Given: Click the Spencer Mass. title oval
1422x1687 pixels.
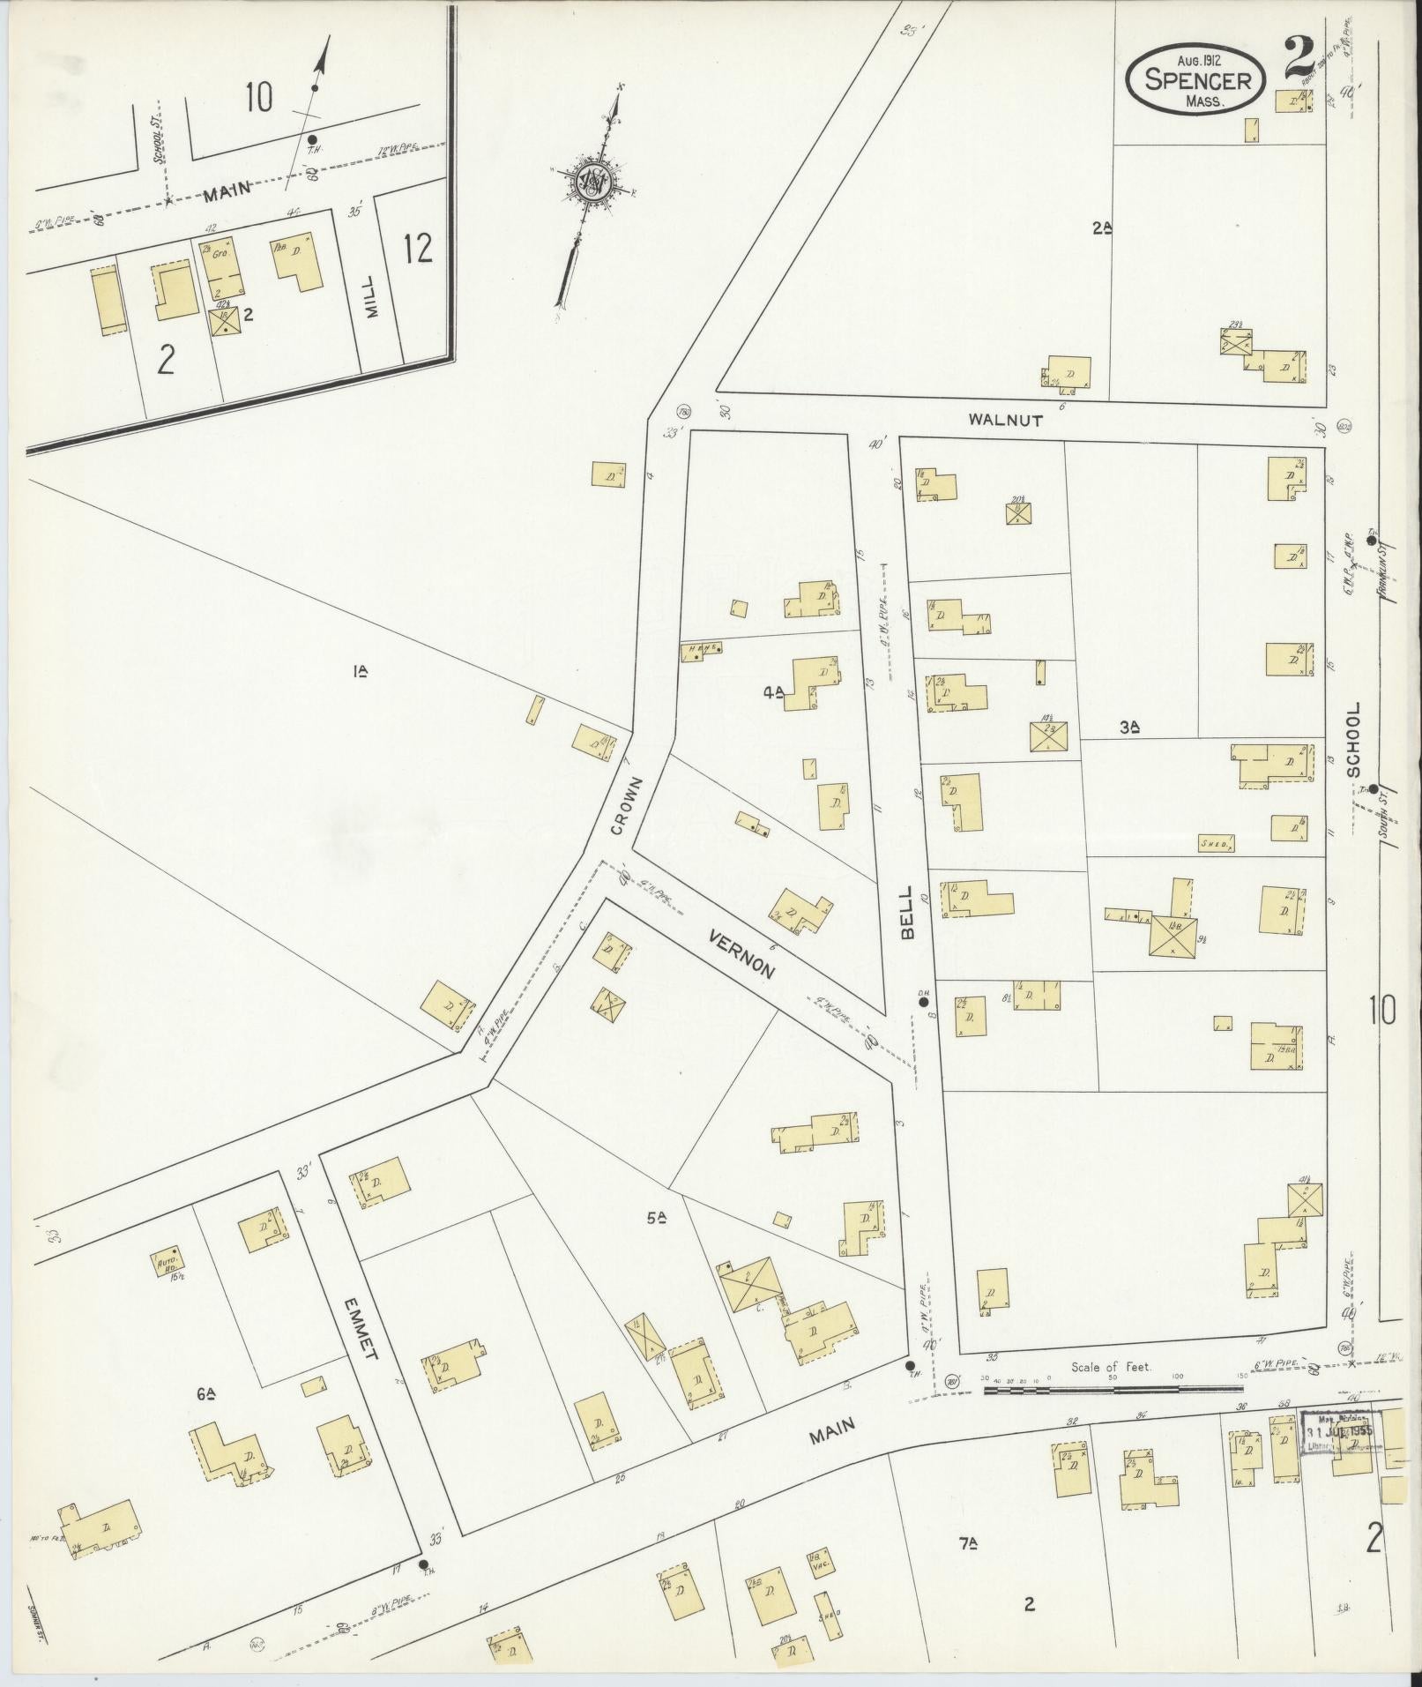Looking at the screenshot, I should [1198, 79].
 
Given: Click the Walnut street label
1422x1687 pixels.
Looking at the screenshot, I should [1005, 421].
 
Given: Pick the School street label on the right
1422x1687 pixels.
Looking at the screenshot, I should [1354, 739].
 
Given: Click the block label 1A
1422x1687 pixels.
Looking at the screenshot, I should [360, 671].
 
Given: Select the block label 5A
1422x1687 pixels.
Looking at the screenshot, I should [655, 1219].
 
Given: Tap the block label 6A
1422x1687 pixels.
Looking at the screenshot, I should [207, 1393].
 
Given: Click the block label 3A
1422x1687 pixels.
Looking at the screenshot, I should [1130, 727].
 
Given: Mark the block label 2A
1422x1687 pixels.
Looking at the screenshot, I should [1102, 228].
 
